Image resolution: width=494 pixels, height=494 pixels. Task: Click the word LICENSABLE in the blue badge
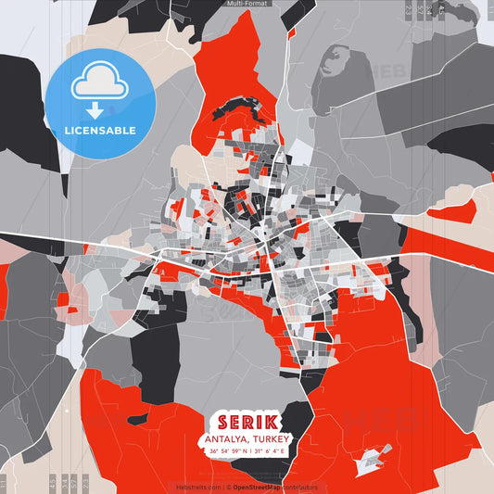pos(100,131)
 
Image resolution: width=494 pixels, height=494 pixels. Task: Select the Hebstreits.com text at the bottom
pos(197,487)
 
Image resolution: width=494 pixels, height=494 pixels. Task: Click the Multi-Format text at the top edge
pos(247,4)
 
